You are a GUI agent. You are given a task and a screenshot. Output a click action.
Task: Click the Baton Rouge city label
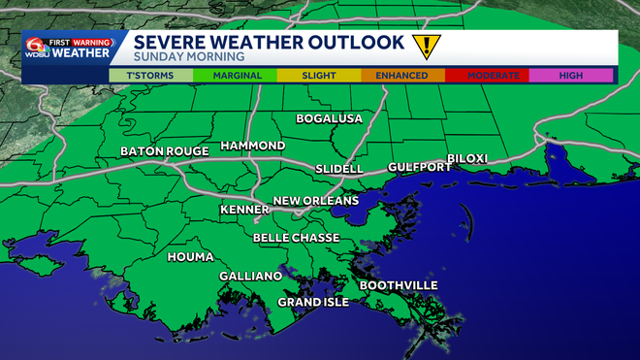(165, 151)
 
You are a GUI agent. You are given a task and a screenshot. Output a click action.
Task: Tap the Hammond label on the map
(253, 146)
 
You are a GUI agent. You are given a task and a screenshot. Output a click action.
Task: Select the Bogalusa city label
(329, 119)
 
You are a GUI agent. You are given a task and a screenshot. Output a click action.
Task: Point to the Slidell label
(339, 169)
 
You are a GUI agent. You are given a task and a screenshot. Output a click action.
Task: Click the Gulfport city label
(420, 167)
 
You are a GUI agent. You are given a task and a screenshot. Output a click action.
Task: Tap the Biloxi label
(466, 158)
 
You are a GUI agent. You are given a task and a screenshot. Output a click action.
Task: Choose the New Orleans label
(316, 201)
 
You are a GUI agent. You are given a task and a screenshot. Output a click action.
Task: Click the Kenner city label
(245, 210)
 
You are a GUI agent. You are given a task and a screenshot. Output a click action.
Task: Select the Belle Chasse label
(296, 238)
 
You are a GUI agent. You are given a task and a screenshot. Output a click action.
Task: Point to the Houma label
(190, 257)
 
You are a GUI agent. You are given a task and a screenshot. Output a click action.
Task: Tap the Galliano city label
(250, 276)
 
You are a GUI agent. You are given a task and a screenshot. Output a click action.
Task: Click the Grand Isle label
(313, 302)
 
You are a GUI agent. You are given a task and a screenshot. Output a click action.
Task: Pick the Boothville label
(399, 285)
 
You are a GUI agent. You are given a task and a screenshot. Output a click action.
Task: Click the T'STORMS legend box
(150, 75)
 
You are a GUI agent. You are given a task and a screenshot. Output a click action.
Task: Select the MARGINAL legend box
(235, 75)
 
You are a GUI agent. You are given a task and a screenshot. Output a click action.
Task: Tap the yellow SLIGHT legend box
(318, 75)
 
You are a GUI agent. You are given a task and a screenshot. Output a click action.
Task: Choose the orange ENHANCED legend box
(402, 75)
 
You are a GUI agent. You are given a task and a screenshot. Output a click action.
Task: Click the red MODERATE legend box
(487, 75)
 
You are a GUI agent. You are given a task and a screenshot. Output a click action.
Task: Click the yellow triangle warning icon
(424, 46)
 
